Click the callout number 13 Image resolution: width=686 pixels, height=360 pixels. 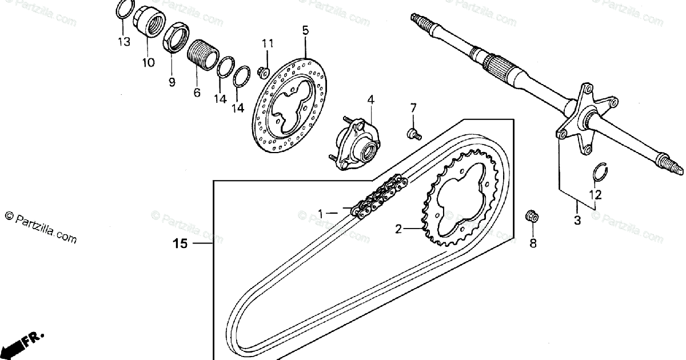coord(124,42)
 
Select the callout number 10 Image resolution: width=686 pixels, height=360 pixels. coord(148,62)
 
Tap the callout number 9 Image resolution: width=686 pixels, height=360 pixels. coord(171,82)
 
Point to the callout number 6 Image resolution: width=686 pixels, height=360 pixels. coord(197,91)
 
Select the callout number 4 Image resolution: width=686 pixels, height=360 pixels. coord(370,100)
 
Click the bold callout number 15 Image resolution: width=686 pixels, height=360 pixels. coord(180,244)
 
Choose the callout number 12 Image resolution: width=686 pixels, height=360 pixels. coord(596,195)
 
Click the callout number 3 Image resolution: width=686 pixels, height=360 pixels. coord(577,220)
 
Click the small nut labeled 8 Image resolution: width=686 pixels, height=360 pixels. coord(531,217)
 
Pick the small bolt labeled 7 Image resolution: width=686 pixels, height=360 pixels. coord(413,134)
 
